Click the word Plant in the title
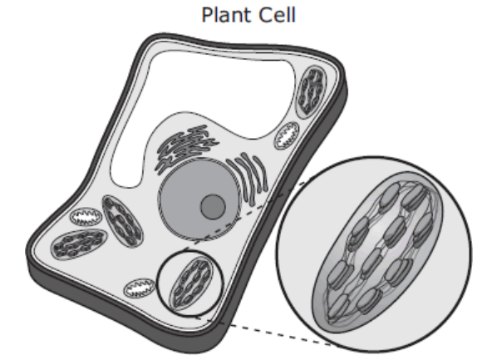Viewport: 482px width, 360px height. click(x=226, y=15)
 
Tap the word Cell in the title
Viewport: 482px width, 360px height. click(x=277, y=15)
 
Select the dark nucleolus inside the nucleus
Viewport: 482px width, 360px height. click(x=213, y=206)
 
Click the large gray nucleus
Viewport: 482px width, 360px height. click(x=199, y=200)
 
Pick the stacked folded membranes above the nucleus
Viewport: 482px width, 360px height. click(x=186, y=147)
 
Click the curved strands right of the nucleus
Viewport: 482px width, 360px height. click(x=248, y=178)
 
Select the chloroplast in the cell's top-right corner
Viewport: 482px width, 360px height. click(x=311, y=91)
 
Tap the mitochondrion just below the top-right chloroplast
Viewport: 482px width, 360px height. click(x=287, y=136)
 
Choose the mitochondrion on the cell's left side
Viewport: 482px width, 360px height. click(x=86, y=217)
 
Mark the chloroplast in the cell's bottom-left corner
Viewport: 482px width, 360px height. click(x=80, y=244)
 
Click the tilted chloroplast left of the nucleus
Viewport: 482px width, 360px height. click(x=123, y=220)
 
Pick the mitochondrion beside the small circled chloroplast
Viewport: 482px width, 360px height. click(x=140, y=288)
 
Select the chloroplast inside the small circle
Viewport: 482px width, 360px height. click(x=191, y=284)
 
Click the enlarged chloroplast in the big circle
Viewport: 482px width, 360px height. click(x=378, y=252)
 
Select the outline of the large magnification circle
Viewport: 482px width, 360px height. click(x=374, y=157)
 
